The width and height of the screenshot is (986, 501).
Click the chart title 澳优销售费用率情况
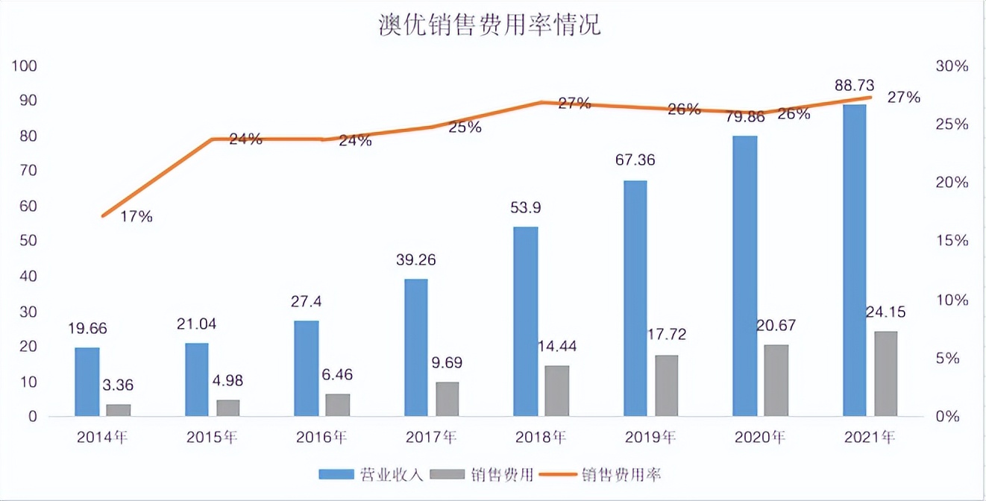click(x=489, y=25)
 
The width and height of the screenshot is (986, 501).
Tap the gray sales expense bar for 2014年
click(x=118, y=410)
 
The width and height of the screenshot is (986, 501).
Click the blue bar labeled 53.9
click(x=525, y=321)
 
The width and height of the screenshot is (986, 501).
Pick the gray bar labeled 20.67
click(x=776, y=379)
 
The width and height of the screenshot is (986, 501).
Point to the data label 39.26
click(x=415, y=260)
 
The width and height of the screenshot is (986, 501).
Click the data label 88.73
click(x=854, y=86)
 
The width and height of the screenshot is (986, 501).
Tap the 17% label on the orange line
click(x=136, y=217)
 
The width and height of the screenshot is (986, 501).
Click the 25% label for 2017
click(x=465, y=127)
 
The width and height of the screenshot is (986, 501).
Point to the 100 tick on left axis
click(x=25, y=66)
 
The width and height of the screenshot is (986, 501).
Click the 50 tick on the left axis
click(x=28, y=241)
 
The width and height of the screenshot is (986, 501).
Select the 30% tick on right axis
click(x=951, y=66)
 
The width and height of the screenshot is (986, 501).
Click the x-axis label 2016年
click(x=322, y=438)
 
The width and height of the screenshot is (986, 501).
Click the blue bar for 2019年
click(x=635, y=298)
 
